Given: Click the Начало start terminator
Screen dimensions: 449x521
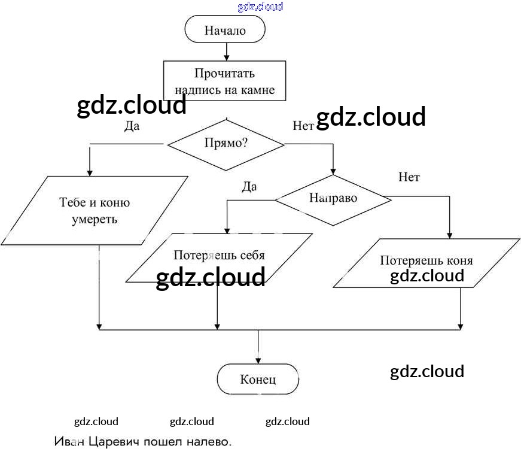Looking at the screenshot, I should coord(225,30).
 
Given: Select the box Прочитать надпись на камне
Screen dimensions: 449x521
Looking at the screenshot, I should coord(224,82).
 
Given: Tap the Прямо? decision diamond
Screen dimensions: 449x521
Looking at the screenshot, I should coord(226,144).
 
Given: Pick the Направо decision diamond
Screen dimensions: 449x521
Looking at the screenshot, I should coord(333,199).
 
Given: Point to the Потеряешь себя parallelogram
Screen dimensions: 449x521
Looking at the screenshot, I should coord(219,257).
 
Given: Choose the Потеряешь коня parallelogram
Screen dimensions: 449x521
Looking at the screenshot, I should coord(426,263).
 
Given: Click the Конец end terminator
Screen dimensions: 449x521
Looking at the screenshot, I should coord(258,379).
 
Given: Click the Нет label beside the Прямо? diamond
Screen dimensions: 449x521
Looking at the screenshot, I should coord(303,126).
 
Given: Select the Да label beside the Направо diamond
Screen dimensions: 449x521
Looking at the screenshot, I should coord(249,187).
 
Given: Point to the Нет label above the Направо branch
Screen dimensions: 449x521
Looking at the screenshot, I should coord(409,177).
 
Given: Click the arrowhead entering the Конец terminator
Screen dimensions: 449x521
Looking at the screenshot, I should coord(258,360).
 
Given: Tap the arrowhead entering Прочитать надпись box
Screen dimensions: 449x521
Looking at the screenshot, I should coord(226,57).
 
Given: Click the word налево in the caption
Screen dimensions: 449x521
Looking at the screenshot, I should coord(211,442).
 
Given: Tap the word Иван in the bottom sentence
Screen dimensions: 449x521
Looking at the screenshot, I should coord(70,442).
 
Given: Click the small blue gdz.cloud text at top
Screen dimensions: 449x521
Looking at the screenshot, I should coord(260,7).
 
